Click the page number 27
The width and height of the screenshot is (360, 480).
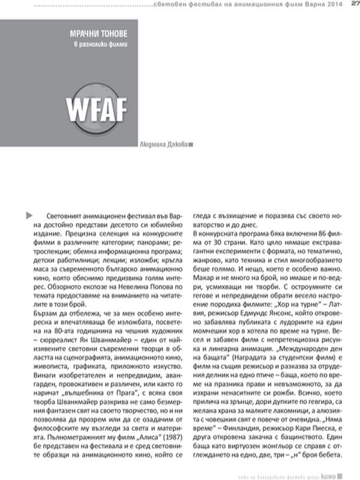point(354,5)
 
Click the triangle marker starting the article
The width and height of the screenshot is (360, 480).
point(30,214)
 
